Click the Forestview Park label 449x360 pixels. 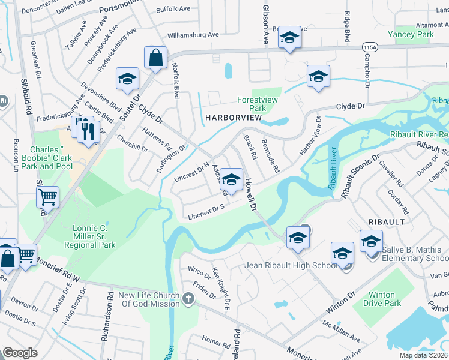coord(259,104)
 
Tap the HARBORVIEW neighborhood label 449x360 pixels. coord(234,118)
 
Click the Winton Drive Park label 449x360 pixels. coord(382,299)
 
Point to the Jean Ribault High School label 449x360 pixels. coord(291,265)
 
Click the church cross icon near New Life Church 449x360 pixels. coord(188,299)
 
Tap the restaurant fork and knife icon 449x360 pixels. coord(89,131)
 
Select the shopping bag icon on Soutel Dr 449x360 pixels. coord(155,59)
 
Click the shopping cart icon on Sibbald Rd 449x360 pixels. coord(47,196)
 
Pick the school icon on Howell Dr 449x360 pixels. coord(232,179)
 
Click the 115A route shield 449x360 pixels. coord(370,46)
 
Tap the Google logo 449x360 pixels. coord(20,353)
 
